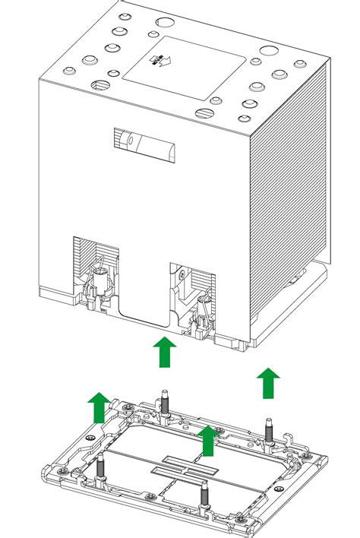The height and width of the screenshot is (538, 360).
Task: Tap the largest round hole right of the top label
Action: pos(267,52)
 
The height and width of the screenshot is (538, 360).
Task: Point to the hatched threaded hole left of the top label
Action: pos(100,86)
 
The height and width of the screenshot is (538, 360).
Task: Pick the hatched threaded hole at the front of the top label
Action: pos(204,114)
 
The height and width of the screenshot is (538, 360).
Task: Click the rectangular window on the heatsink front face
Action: pos(147,143)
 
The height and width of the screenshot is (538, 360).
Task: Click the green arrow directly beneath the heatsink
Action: pos(164,353)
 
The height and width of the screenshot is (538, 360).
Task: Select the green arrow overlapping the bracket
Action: pos(206,441)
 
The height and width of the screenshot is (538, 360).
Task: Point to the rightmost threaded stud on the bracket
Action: pos(267,431)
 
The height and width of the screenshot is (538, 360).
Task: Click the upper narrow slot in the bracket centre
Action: pos(182,461)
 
